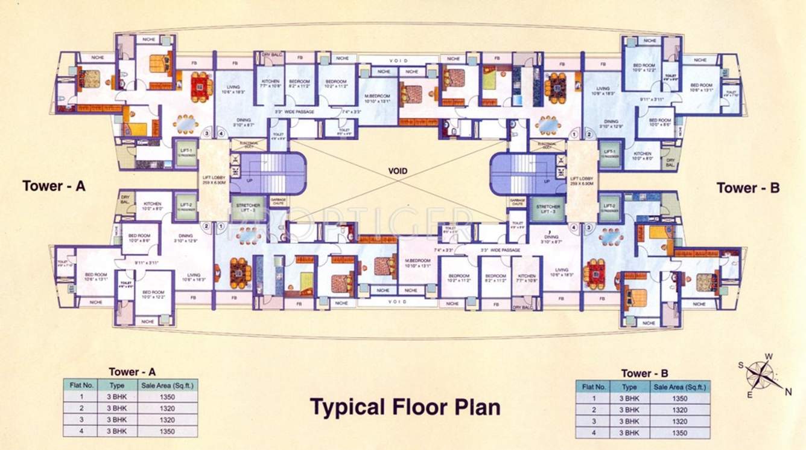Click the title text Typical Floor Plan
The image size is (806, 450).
tap(405, 407)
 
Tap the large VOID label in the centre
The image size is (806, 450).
tap(398, 171)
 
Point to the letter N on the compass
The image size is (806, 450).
tap(788, 392)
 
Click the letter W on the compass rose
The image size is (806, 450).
tap(768, 356)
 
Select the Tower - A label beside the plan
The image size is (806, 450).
tap(54, 186)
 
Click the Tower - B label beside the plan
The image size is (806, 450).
tap(747, 188)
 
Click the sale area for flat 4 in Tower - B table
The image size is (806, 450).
tap(679, 433)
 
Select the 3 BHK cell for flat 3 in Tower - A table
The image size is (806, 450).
tap(116, 420)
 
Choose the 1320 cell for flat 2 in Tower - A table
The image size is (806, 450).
tap(167, 408)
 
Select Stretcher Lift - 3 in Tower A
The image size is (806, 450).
tap(245, 207)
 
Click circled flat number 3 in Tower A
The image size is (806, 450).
tap(207, 134)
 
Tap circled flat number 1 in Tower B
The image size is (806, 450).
tap(573, 134)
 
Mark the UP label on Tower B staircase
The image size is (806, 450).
tap(547, 181)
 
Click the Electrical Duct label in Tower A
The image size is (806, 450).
tap(249, 145)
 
